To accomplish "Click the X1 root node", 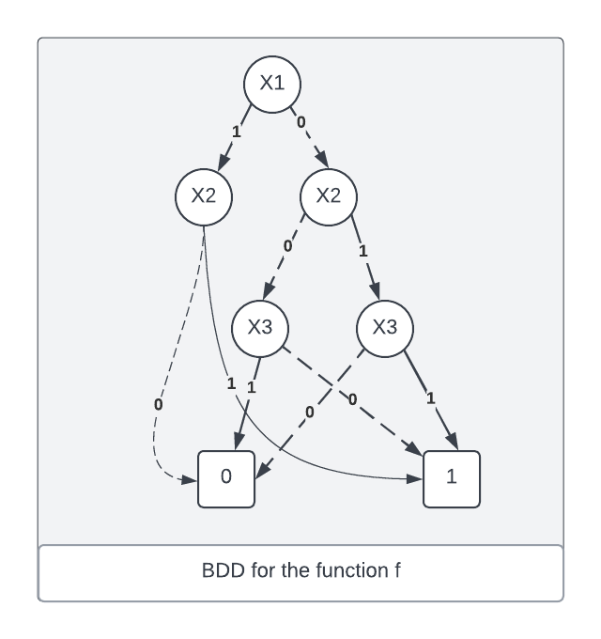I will [271, 83].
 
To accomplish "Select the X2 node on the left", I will [204, 196].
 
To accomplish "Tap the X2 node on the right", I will [328, 196].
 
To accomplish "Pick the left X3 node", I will [260, 328].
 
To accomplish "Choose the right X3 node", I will [385, 328].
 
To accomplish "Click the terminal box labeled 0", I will [225, 478].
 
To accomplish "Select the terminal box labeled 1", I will [452, 478].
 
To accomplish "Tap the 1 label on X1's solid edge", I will [236, 132].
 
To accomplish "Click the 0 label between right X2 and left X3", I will [287, 246].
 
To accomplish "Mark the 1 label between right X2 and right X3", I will [364, 252].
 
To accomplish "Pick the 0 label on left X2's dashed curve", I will [158, 404].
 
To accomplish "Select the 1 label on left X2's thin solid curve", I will [231, 383].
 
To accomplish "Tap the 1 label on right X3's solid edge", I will [431, 398].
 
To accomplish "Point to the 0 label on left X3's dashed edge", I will [353, 400].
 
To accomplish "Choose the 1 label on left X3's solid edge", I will [252, 386].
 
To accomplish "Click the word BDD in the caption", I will [222, 571].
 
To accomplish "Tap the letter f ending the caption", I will [397, 571].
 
